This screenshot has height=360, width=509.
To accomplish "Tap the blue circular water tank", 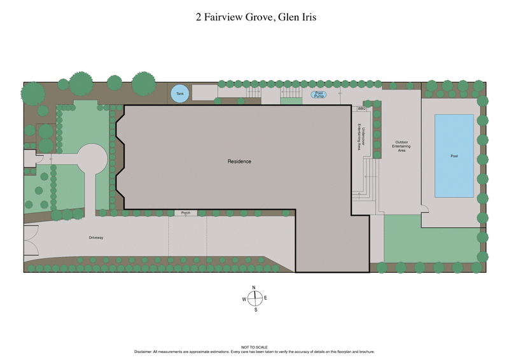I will click(x=179, y=95).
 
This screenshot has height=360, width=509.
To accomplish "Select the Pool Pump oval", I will click(x=319, y=95).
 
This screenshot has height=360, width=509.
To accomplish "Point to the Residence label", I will click(x=239, y=162).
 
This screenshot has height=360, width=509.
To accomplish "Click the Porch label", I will click(x=186, y=212).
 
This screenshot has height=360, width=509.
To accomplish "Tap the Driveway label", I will click(x=95, y=237).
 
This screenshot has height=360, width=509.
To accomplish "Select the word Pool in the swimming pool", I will click(x=454, y=156).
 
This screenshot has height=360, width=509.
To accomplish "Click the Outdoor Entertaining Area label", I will click(x=401, y=146).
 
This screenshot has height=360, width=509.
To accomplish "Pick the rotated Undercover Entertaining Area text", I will click(x=360, y=135).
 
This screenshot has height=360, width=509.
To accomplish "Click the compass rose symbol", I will click(x=255, y=298).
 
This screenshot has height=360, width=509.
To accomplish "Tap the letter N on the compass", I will click(x=254, y=287).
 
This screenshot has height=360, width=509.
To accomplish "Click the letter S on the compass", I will click(x=256, y=310).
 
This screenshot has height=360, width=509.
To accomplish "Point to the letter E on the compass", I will click(x=265, y=298).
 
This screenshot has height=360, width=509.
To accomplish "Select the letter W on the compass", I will click(x=244, y=299).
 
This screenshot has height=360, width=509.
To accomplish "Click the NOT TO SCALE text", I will click(x=254, y=347).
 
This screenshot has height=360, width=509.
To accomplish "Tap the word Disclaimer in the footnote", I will click(x=144, y=351).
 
